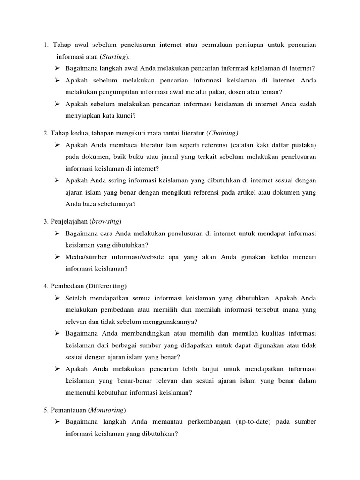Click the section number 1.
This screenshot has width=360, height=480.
click(46, 45)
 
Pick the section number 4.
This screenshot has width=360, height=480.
click(45, 285)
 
